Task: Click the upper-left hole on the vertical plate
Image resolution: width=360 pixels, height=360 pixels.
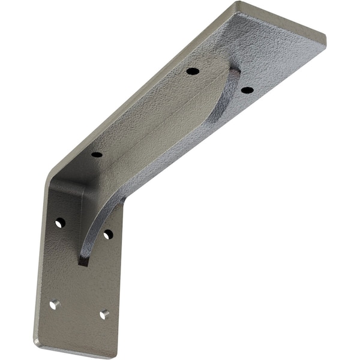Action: tap(60, 223)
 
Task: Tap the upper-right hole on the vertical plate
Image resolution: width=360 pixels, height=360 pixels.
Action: tap(107, 234)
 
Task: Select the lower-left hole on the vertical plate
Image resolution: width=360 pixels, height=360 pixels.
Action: tap(55, 304)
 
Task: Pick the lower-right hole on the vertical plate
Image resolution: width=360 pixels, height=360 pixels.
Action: tap(104, 314)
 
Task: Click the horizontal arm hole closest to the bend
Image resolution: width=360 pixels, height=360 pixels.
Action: tap(97, 154)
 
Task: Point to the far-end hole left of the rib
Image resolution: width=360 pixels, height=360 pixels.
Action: tap(193, 71)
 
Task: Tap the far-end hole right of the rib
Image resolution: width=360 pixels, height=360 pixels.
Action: tap(247, 90)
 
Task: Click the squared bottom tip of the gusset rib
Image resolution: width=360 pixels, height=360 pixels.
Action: tap(83, 262)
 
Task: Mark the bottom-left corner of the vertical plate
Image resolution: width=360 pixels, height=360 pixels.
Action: tap(36, 344)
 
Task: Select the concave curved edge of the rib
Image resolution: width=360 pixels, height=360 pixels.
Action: tap(150, 174)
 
